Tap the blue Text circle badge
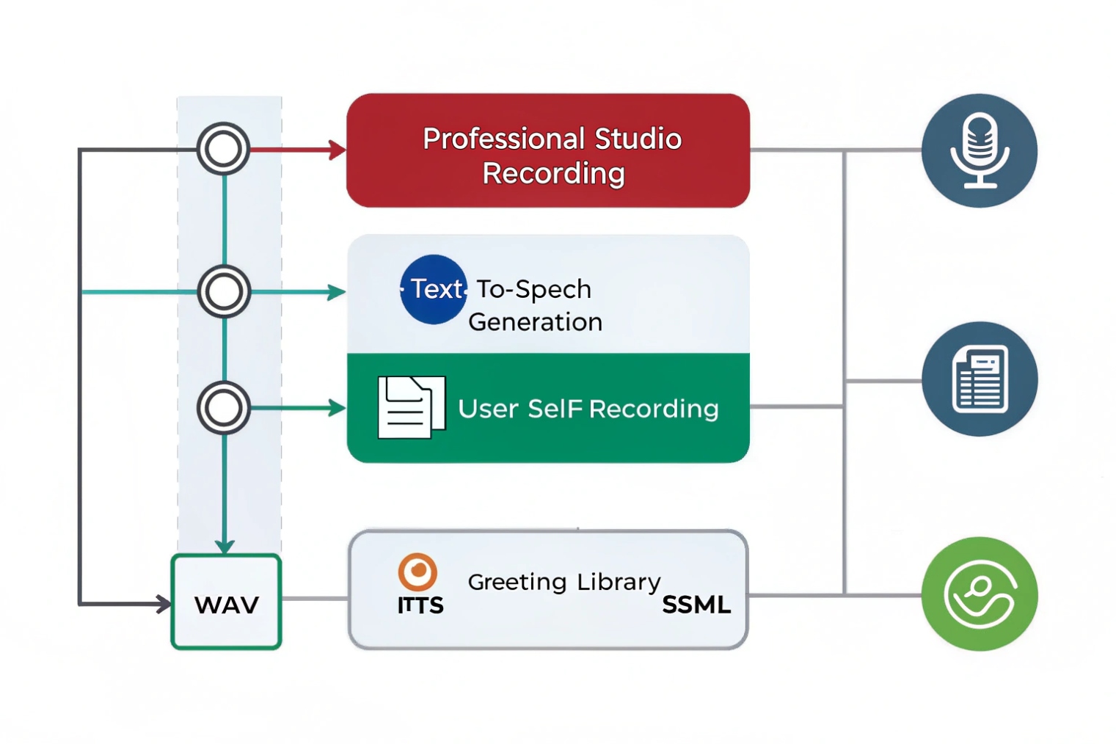434,289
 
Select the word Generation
535,322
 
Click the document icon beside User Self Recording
410,407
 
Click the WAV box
226,602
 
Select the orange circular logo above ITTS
417,572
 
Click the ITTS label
420,605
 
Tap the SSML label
696,605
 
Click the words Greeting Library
564,582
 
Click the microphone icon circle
979,150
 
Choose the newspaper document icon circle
979,379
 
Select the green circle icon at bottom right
979,594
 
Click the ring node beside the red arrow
223,149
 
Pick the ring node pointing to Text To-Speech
224,291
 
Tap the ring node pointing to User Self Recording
224,407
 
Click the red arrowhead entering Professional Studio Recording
338,150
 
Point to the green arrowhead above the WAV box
225,546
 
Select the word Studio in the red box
637,139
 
